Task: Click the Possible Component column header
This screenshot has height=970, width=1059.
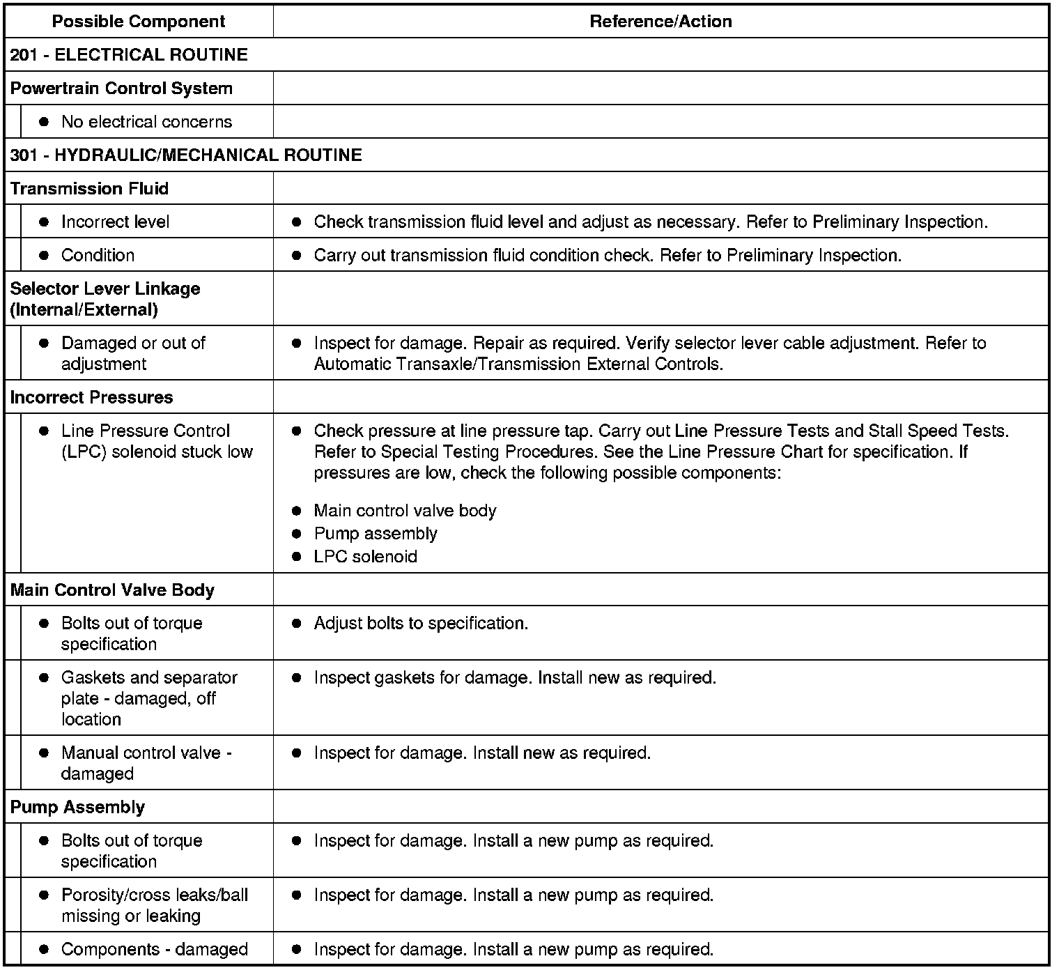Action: pyautogui.click(x=139, y=22)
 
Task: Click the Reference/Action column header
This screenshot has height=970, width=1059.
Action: pyautogui.click(x=660, y=22)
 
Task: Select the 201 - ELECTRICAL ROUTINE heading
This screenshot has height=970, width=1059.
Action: pyautogui.click(x=129, y=55)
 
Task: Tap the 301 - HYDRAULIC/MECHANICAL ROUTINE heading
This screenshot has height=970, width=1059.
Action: pyautogui.click(x=186, y=155)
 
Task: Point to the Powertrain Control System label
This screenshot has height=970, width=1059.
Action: pyautogui.click(x=121, y=88)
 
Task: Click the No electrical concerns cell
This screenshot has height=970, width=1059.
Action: pyautogui.click(x=146, y=122)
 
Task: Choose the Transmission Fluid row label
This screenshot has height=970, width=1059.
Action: pyautogui.click(x=89, y=189)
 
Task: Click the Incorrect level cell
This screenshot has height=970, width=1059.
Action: pyautogui.click(x=115, y=222)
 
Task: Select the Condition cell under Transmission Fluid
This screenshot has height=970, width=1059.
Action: pyautogui.click(x=98, y=255)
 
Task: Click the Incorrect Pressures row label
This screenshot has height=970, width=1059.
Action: pyautogui.click(x=91, y=397)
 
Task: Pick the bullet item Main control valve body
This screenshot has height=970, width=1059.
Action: pyautogui.click(x=405, y=511)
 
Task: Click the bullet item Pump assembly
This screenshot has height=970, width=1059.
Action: pyautogui.click(x=376, y=534)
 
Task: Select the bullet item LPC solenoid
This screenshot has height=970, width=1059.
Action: pyautogui.click(x=365, y=557)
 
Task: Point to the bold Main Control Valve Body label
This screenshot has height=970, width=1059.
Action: pyautogui.click(x=112, y=590)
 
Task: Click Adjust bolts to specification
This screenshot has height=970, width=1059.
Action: pyautogui.click(x=421, y=623)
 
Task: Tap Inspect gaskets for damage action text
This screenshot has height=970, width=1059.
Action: pyautogui.click(x=515, y=677)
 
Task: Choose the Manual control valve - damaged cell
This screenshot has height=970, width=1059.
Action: pyautogui.click(x=146, y=763)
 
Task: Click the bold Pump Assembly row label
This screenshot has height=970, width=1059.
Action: pyautogui.click(x=77, y=807)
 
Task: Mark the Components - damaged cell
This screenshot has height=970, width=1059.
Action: pyautogui.click(x=154, y=949)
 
